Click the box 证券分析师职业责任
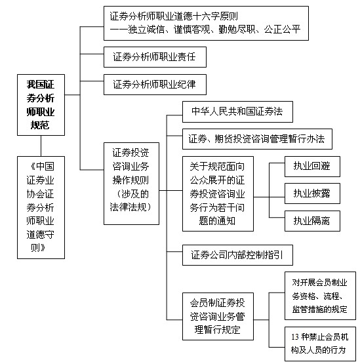point(155,57)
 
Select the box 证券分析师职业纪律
point(155,85)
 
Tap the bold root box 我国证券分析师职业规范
point(41,105)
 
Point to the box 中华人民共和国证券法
point(237,111)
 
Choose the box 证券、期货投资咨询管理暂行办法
point(257,139)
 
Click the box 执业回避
point(312,167)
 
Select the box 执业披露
point(312,193)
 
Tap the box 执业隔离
point(312,221)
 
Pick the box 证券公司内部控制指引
point(237,255)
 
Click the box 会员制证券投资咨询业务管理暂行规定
point(218,316)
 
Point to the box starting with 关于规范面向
point(218,193)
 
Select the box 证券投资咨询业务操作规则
point(131,184)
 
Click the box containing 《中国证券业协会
point(41,207)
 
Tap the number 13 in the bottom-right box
point(295,337)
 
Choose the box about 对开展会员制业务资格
point(320,296)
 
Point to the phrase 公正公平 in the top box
point(282,30)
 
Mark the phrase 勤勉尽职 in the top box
point(237,30)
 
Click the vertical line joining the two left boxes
point(41,146)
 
